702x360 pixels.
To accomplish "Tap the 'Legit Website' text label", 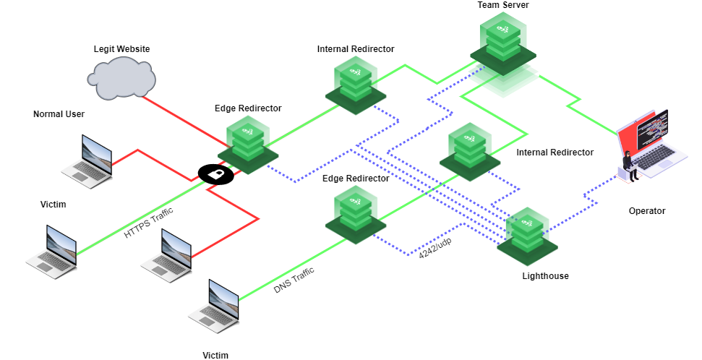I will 121,49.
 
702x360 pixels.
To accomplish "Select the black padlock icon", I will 215,173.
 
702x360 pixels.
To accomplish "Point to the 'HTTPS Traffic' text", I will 149,223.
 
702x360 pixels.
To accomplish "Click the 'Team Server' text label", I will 502,5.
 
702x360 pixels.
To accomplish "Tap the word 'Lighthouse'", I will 545,276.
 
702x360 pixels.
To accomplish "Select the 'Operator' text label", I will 646,211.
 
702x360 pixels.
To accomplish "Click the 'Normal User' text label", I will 59,114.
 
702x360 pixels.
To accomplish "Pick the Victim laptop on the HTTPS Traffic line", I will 51,250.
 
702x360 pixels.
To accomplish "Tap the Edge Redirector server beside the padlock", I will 248,145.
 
